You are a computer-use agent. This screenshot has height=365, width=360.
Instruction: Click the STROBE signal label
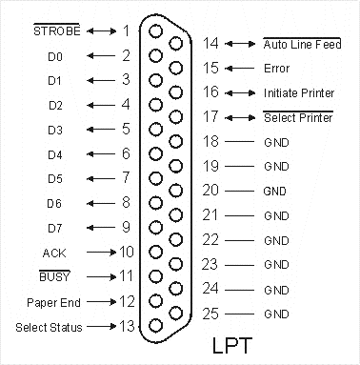(57, 30)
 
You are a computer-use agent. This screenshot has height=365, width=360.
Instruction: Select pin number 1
(127, 30)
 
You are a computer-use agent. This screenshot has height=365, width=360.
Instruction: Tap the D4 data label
(55, 154)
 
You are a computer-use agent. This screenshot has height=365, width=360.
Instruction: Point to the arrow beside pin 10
(102, 253)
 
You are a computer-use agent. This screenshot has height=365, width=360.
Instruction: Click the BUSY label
(54, 276)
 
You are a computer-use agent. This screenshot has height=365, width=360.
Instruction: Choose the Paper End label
(53, 302)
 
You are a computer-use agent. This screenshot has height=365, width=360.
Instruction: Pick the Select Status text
(49, 327)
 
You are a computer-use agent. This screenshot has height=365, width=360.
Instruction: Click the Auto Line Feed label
(302, 44)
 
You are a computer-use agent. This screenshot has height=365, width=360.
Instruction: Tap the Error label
(276, 69)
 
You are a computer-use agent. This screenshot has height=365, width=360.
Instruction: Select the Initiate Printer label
(299, 92)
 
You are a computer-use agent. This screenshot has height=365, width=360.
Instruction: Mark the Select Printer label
(298, 117)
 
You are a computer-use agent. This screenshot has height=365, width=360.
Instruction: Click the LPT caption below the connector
(232, 345)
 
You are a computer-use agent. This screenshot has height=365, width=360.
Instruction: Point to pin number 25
(210, 314)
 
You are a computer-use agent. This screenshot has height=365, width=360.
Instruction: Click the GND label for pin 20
(275, 192)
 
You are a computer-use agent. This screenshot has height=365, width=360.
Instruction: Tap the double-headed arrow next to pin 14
(240, 44)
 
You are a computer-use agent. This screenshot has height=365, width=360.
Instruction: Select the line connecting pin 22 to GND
(239, 240)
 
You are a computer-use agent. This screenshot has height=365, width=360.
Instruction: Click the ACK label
(54, 253)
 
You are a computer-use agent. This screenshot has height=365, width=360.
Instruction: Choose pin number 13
(127, 326)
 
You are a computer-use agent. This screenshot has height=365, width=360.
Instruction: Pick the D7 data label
(55, 228)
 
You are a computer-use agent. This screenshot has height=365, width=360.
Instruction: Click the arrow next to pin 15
(239, 69)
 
